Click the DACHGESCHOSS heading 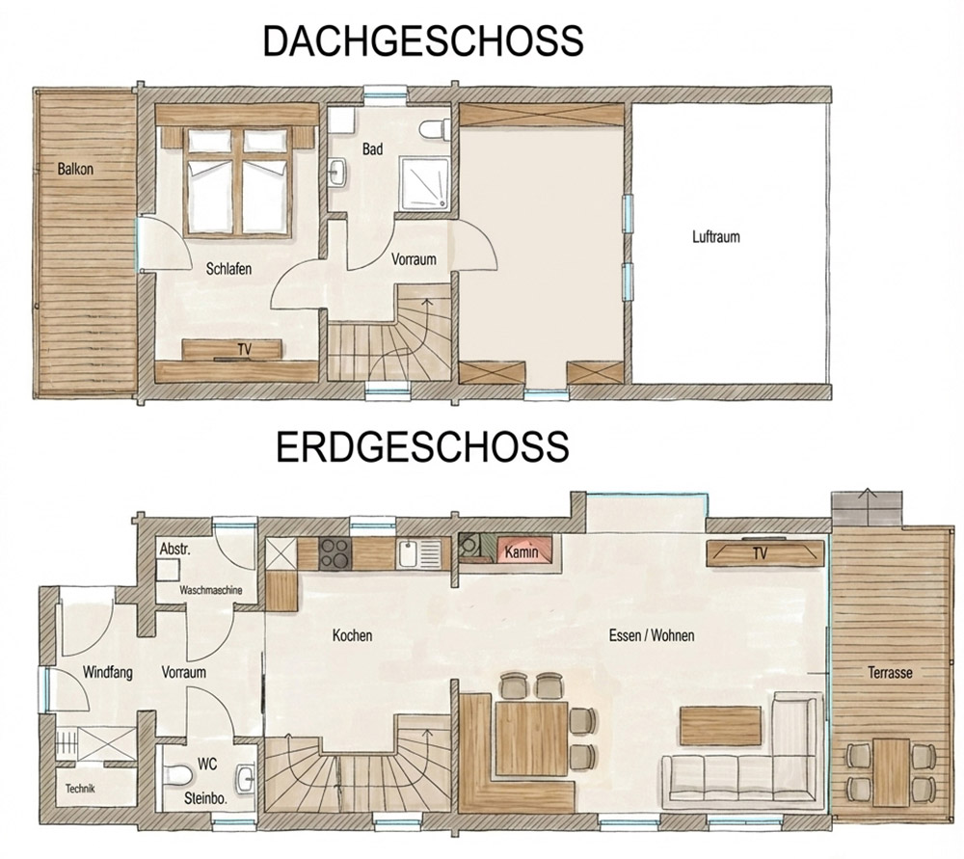coord(423,41)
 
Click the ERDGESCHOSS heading coord(422,446)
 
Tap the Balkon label coord(75,169)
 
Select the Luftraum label coord(715,237)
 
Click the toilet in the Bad coord(434,129)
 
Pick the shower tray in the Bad coord(423,184)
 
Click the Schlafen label coord(228,269)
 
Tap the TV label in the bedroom coord(245,349)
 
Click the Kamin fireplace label coord(522,552)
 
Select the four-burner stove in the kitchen coord(335,552)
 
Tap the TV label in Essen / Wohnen coord(760,553)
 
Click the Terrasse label coord(890,672)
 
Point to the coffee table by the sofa coord(720,725)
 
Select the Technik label coord(81,789)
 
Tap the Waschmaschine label coord(211,590)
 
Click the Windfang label coord(108,672)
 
